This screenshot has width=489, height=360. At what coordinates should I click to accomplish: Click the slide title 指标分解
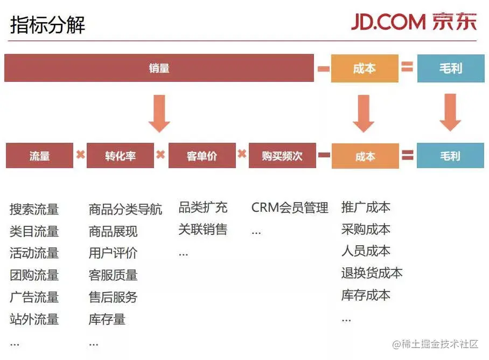tap(47, 25)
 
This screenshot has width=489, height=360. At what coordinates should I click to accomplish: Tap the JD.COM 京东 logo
tap(414, 22)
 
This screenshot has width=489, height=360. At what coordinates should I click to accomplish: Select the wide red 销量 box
tap(159, 68)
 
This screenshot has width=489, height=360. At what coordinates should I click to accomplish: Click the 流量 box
tap(39, 156)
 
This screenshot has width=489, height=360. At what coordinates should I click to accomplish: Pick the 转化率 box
tap(120, 156)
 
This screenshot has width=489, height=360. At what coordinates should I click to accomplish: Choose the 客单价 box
tap(202, 156)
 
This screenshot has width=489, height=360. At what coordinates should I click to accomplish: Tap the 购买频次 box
tap(282, 156)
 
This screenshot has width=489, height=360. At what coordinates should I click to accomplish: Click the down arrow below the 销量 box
tap(159, 114)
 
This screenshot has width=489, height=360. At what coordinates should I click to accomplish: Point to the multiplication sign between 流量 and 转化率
tap(80, 155)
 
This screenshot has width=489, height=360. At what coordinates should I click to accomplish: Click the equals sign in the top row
tap(407, 67)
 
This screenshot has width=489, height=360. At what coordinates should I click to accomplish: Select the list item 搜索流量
tap(34, 209)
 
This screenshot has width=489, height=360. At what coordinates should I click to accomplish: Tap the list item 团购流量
tap(34, 275)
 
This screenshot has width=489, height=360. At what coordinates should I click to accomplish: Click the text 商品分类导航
tap(125, 209)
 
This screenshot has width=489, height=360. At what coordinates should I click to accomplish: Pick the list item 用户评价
tap(113, 253)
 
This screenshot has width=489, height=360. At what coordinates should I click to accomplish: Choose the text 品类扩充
tap(202, 207)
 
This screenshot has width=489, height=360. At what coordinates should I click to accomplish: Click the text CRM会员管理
tap(290, 207)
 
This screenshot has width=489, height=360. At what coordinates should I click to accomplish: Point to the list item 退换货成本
tap(372, 273)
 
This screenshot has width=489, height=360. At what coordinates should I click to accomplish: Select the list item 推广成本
tap(366, 207)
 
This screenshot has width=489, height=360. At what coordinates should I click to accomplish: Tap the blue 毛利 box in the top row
tap(450, 68)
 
